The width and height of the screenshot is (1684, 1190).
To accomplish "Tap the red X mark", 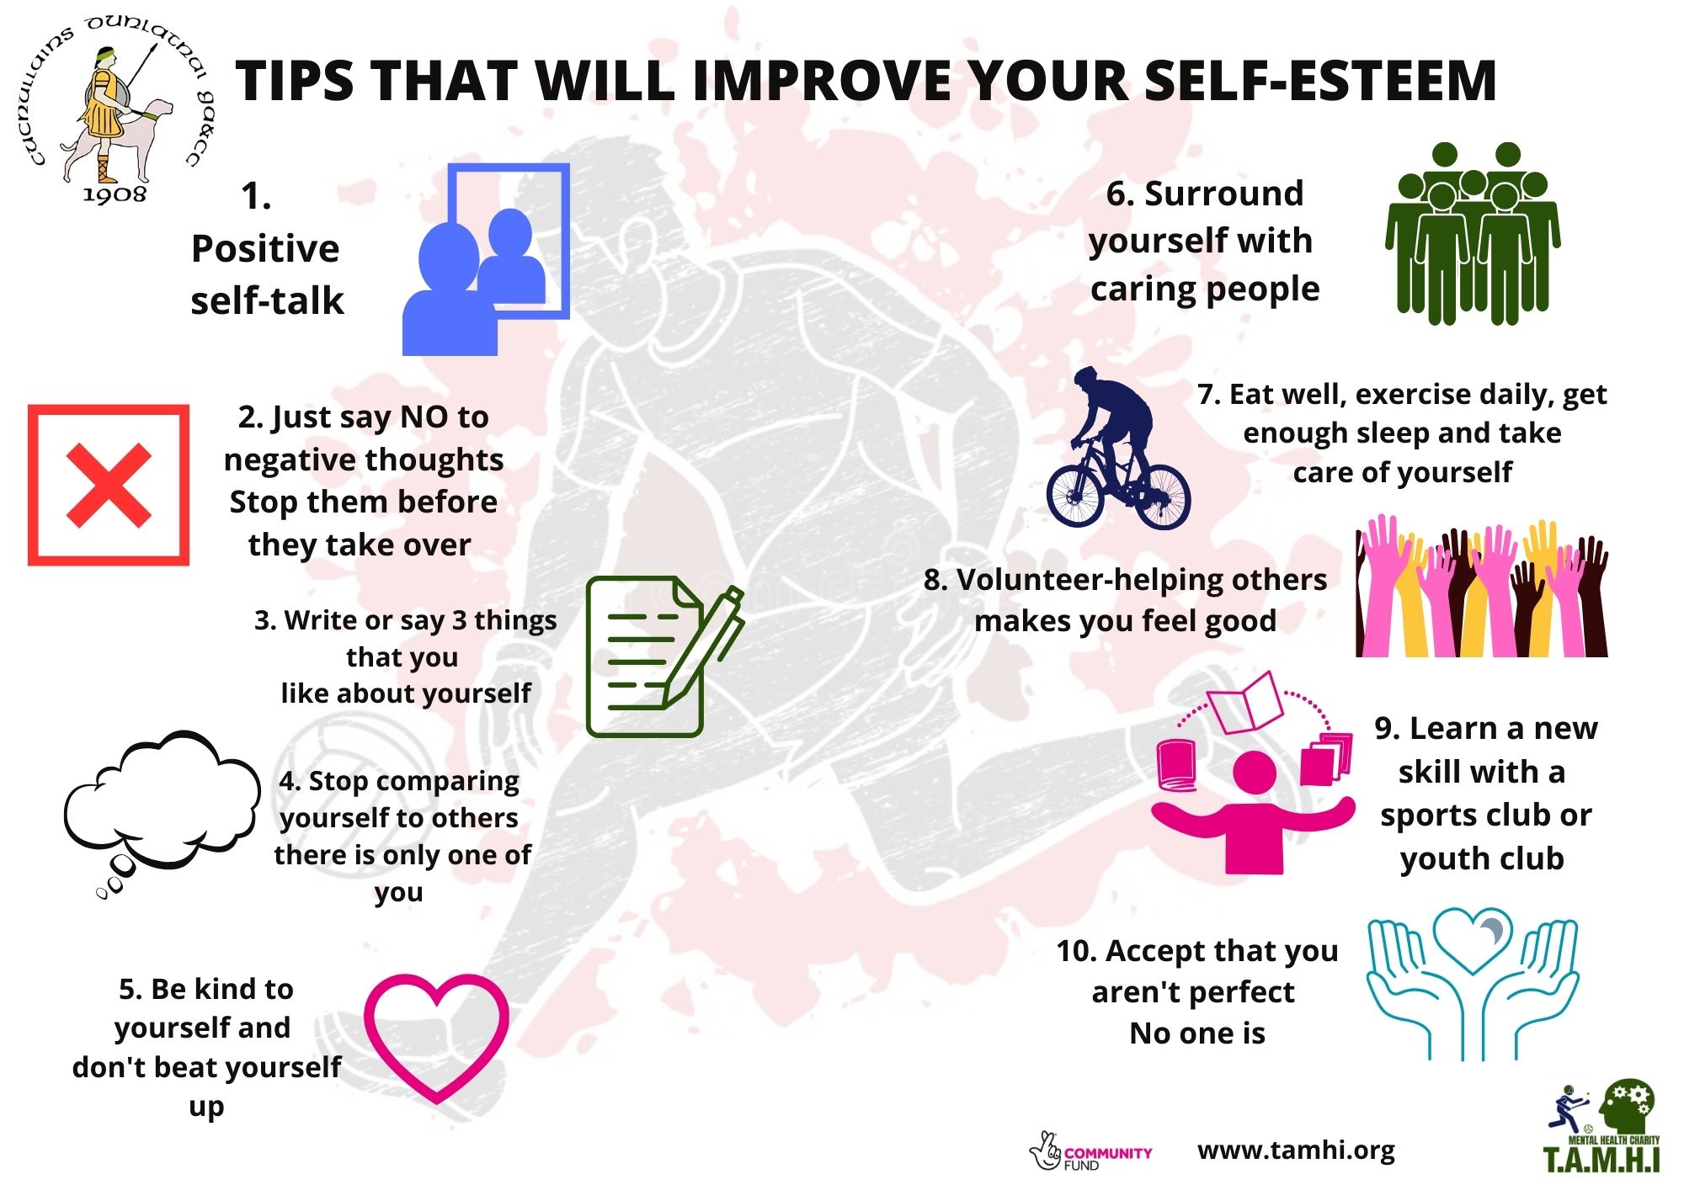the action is [x=109, y=486].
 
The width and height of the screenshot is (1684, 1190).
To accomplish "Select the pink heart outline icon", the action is [x=436, y=1038].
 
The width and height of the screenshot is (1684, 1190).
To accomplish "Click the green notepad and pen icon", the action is [x=664, y=656].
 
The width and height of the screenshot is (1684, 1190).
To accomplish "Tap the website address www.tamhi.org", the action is [x=1296, y=1150].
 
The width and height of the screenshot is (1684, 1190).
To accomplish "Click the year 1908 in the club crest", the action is [x=115, y=195].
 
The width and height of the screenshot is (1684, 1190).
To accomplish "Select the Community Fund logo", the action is [x=1090, y=1152].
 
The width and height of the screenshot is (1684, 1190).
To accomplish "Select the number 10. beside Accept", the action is [x=1077, y=951].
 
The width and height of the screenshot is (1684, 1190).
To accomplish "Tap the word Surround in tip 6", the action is [x=1224, y=194].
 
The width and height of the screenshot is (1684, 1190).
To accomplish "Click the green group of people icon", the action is [x=1473, y=234].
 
